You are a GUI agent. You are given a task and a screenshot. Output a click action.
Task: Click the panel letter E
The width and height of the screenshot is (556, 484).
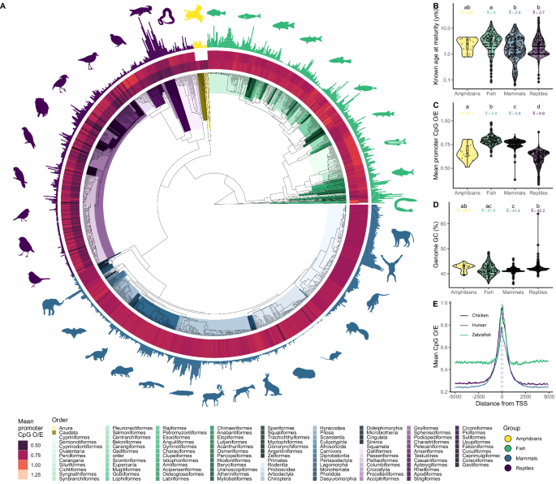coord(412,306)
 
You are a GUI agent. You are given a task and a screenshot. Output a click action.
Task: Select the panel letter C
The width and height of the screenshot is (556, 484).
coord(412,106)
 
